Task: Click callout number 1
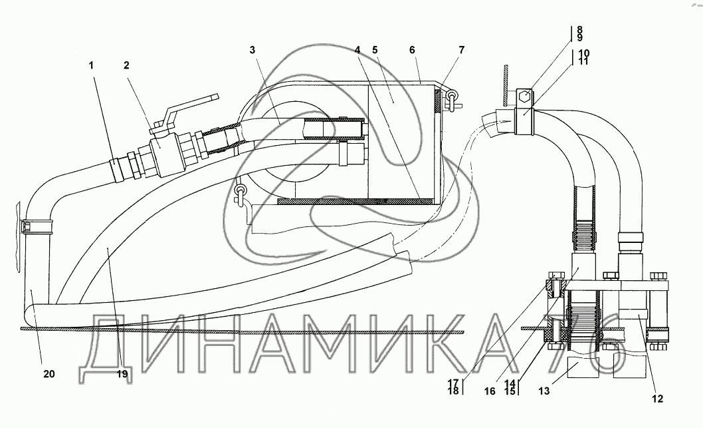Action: [91, 66]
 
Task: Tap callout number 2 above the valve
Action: [126, 66]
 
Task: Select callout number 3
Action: [252, 50]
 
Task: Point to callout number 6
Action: [413, 50]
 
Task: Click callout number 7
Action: [461, 50]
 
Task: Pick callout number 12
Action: [657, 398]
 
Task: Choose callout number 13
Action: [544, 391]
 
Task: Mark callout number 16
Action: [490, 391]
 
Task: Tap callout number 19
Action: [122, 373]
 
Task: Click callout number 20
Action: [49, 373]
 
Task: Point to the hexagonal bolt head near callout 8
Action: [525, 97]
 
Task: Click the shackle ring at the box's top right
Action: [452, 97]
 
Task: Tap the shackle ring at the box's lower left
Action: [241, 192]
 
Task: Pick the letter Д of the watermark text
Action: [107, 349]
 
